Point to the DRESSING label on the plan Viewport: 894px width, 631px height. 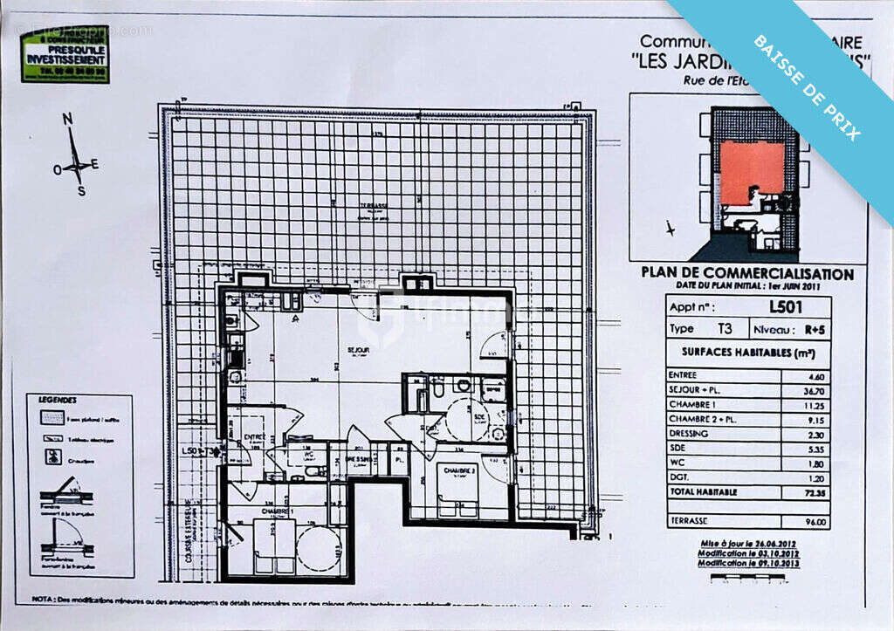(359, 458)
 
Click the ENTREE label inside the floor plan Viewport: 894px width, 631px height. (255, 436)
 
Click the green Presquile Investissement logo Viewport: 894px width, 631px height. (65, 53)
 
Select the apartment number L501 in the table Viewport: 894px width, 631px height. (786, 307)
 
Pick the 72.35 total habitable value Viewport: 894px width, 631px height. (815, 492)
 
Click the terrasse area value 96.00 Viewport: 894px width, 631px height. (816, 523)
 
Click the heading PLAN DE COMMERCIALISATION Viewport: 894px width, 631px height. (747, 273)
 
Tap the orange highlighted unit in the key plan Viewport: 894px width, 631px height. (751, 170)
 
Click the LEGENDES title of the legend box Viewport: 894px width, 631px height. (58, 400)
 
